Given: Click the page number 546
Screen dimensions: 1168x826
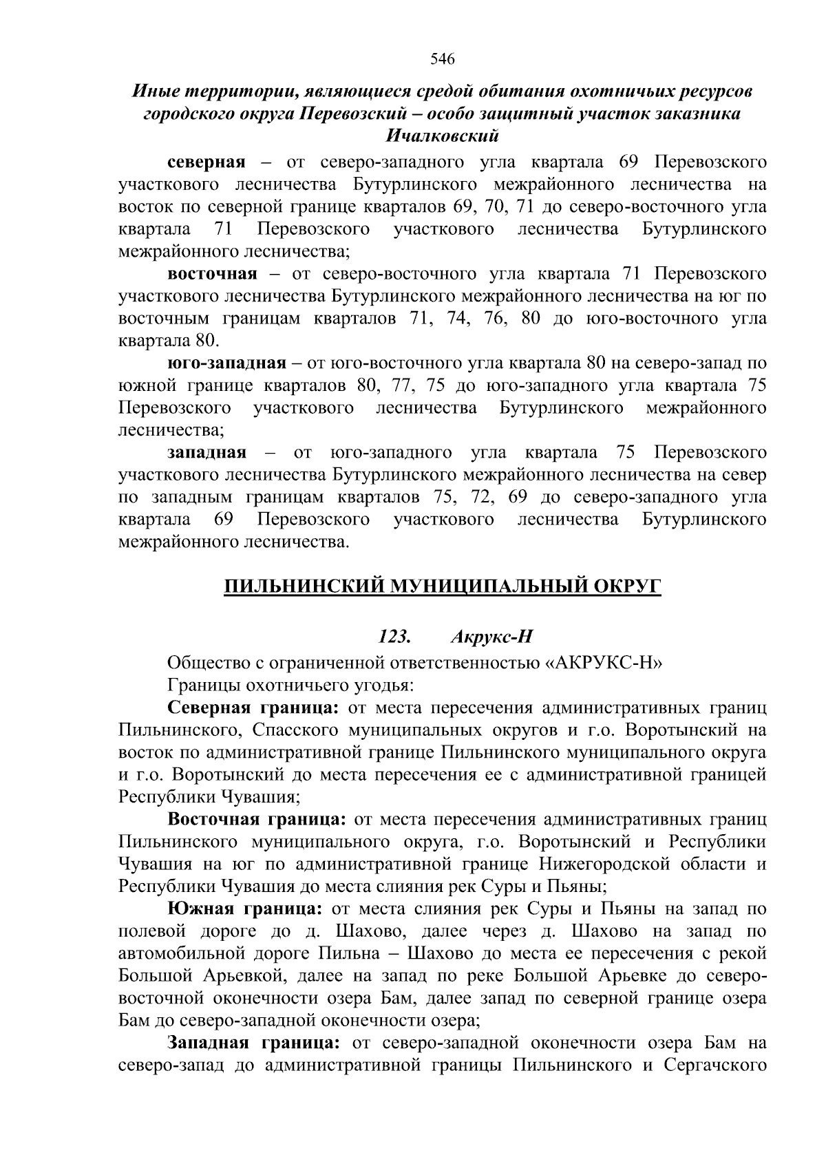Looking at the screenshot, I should [x=443, y=59].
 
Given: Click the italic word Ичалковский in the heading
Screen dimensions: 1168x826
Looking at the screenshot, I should [x=442, y=136].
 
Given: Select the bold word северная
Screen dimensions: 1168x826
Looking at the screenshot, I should [x=206, y=162].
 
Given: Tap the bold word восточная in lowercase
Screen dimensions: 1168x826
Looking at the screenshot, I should [x=213, y=274].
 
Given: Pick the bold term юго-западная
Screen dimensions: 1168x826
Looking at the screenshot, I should [x=226, y=363].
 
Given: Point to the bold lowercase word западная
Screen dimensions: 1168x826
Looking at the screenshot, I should [x=206, y=452].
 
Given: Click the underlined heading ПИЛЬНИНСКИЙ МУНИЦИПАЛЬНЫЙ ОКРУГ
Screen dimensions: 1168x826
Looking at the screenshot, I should [x=443, y=586].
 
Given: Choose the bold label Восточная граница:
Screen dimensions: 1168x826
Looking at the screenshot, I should [x=256, y=819].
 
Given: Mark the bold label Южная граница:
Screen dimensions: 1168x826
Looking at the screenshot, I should [x=244, y=909].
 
